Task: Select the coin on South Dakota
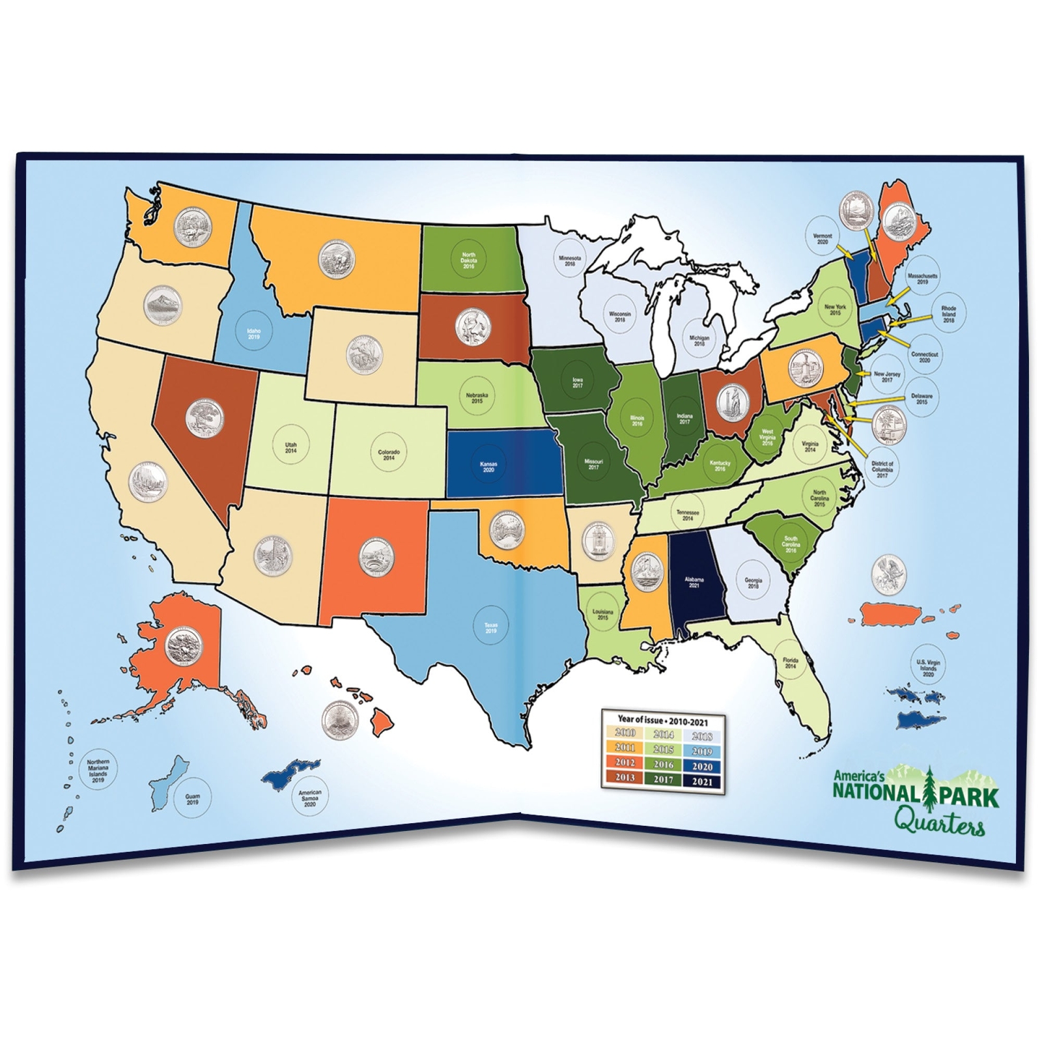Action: click(473, 326)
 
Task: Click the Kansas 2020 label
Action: click(488, 467)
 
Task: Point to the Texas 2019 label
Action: click(490, 628)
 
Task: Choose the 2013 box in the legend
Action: click(625, 778)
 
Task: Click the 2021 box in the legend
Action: click(703, 781)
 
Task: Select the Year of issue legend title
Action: click(662, 722)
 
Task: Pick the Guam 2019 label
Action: click(192, 799)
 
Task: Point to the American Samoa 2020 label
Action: click(310, 799)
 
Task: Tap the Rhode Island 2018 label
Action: click(948, 314)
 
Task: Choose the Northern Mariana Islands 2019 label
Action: click(98, 770)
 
